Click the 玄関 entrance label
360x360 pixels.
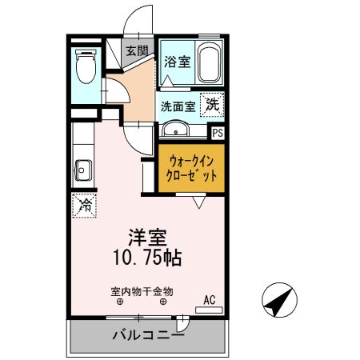coord(137,50)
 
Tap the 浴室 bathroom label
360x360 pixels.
coord(176,61)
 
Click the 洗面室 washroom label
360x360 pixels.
coord(178,105)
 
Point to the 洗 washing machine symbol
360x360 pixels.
coord(211,103)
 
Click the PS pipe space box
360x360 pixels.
coord(217,133)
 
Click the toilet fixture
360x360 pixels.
coord(84,66)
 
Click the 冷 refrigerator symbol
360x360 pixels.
coord(83,205)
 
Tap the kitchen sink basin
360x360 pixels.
coord(83,170)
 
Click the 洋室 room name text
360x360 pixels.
coord(147,237)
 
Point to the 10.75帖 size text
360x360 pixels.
coord(147,258)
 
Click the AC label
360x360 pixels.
coord(210,300)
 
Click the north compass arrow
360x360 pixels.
coord(279,301)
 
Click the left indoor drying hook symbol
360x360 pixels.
coord(120,302)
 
